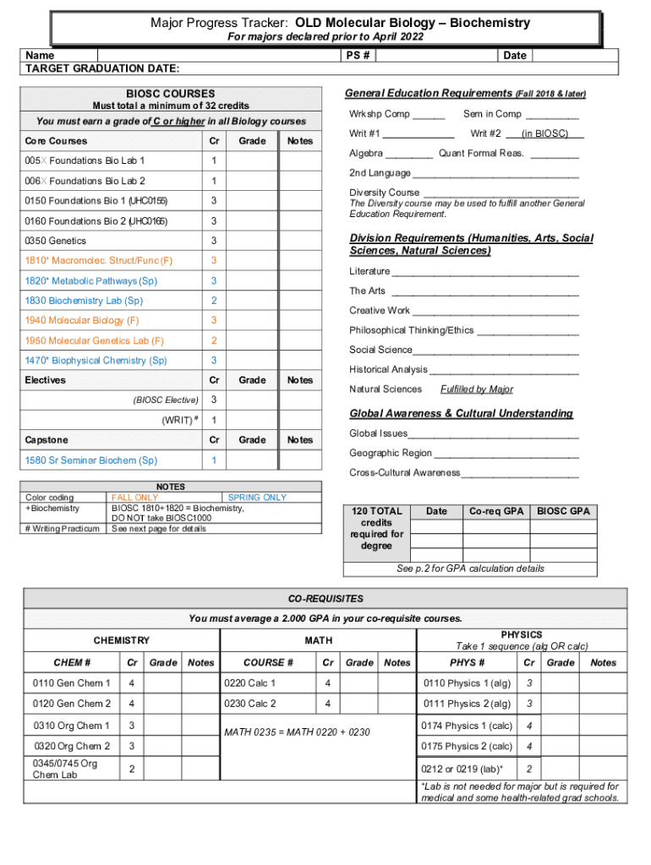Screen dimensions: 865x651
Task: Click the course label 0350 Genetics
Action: (55, 241)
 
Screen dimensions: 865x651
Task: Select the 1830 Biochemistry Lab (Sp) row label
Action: (84, 301)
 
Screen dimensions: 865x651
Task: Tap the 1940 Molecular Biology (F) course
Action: (82, 320)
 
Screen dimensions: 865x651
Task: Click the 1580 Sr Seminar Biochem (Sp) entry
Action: (91, 460)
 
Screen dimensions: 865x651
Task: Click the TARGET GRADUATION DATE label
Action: (101, 68)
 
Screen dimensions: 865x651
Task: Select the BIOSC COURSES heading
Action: (170, 94)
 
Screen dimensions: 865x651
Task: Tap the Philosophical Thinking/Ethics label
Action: (412, 330)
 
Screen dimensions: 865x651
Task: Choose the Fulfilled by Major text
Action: (477, 389)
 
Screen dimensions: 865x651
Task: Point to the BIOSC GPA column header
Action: (563, 511)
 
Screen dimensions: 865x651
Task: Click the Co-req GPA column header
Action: (496, 511)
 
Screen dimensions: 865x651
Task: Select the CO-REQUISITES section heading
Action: (325, 599)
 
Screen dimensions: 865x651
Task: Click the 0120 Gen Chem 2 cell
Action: (72, 704)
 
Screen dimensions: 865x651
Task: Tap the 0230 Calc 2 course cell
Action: (249, 704)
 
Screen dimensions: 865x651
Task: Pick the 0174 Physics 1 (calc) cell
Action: (467, 726)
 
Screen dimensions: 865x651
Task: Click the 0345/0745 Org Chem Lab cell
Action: (65, 769)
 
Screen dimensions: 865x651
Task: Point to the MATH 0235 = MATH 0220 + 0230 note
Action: (297, 732)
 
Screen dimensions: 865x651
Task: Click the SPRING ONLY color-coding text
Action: (257, 498)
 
